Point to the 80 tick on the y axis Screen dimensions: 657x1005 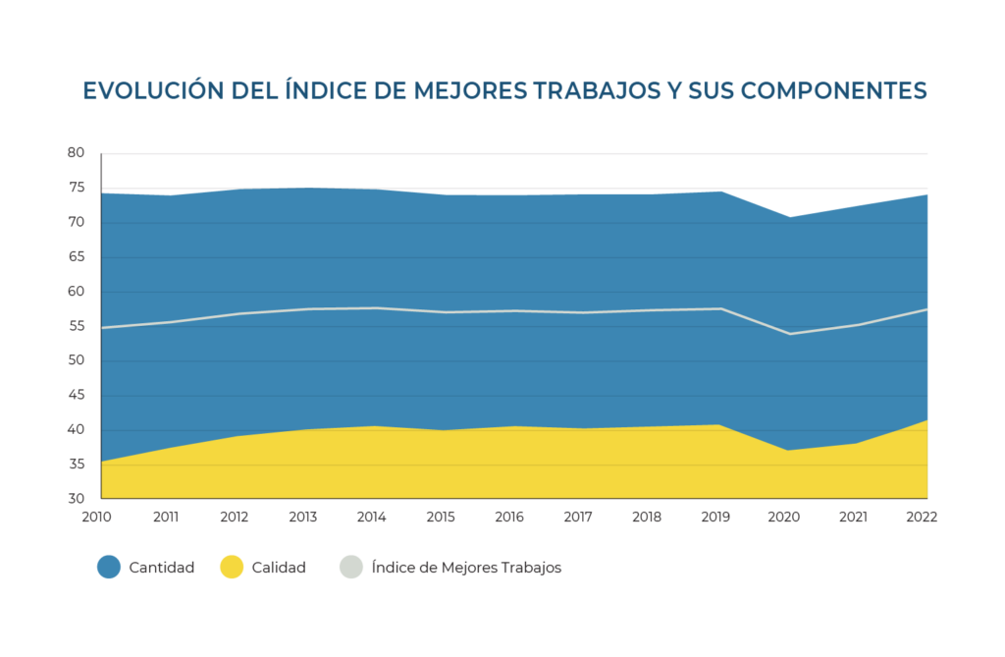77,153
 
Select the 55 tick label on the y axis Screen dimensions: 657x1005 77,326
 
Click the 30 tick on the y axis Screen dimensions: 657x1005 77,499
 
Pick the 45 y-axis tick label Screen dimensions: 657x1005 77,396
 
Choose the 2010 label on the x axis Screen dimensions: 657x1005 97,517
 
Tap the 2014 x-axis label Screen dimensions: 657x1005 372,517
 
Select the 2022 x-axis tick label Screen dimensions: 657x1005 924,517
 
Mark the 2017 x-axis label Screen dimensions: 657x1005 580,517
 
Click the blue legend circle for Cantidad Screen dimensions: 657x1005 109,567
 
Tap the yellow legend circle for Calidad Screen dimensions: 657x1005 231,567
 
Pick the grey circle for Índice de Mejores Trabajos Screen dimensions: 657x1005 349,567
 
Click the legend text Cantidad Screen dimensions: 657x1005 161,568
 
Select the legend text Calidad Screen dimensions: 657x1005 278,568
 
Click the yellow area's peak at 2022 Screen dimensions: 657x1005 926,421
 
